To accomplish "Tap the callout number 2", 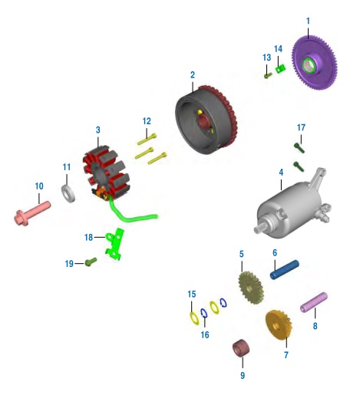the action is pos(193,75).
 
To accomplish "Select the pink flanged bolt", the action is pos(32,214).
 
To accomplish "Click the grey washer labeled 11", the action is pos(68,193).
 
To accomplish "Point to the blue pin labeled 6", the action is pos(285,270).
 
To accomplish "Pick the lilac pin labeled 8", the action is pos(314,302).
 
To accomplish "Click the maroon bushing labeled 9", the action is pos(241,347).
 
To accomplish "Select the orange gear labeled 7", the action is pos(278,325).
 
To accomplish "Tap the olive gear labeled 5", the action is pos(251,288).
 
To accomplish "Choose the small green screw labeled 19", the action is pos(91,262).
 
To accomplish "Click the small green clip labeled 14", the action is pos(280,69).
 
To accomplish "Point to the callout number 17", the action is pos(301,127).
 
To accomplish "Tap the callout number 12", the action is pos(147,121).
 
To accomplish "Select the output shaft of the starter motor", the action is pos(260,227).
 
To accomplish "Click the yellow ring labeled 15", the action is pos(195,318).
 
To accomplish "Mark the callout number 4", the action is pos(281,173).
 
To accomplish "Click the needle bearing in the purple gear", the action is pos(309,65).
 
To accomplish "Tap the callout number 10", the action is pos(39,186).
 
